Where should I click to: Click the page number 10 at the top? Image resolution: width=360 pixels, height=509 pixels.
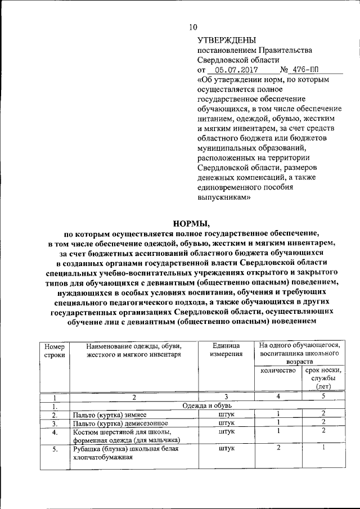[193, 26]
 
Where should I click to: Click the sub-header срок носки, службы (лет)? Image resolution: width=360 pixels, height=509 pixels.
[323, 378]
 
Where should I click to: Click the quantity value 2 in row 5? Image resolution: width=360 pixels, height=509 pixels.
[278, 448]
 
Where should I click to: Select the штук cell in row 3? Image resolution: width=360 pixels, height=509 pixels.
[226, 423]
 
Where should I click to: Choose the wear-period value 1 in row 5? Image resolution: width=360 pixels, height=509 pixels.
[323, 448]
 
